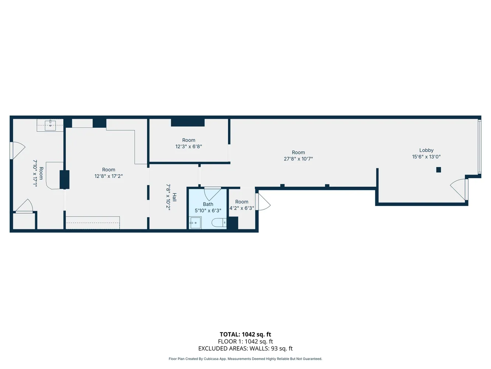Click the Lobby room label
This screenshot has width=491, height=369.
[x=426, y=150]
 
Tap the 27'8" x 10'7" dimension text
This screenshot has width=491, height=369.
[x=298, y=159]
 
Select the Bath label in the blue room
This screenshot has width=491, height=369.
[x=208, y=204]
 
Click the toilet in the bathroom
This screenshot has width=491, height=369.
[x=219, y=223]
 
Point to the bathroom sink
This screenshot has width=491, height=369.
[x=195, y=223]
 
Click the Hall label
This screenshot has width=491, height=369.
[x=174, y=197]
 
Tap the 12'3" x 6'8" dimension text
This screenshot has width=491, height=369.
[x=189, y=146]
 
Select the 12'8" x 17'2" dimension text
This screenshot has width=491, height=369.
[x=108, y=176]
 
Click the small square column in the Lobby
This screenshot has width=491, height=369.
[x=438, y=170]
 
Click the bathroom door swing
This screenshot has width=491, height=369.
[x=212, y=193]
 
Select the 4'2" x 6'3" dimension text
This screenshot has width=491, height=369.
[x=242, y=208]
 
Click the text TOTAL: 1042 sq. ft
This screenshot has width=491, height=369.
[x=245, y=335]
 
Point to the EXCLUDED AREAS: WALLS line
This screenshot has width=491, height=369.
[x=245, y=348]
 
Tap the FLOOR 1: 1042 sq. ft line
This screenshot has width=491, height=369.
[x=245, y=342]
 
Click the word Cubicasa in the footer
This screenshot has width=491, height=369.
[x=211, y=359]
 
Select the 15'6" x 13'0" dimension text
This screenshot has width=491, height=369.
[x=426, y=157]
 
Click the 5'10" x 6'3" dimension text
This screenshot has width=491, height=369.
[x=208, y=211]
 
